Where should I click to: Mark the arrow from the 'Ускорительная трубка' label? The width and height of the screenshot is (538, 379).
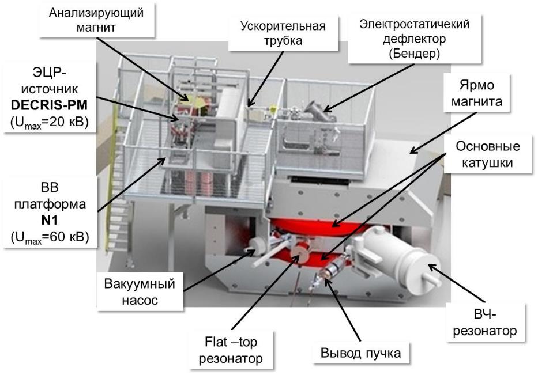click(266, 75)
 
